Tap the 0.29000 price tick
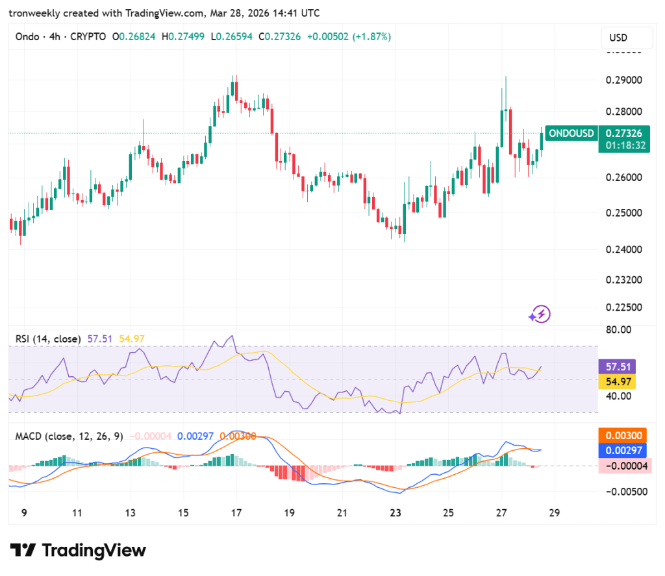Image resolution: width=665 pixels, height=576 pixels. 624,80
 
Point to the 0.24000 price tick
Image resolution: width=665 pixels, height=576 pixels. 624,249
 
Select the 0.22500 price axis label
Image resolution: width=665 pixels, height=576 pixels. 624,307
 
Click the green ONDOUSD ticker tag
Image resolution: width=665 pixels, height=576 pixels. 571,134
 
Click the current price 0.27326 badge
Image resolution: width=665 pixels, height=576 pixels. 625,134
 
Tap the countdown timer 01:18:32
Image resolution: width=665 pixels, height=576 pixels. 625,145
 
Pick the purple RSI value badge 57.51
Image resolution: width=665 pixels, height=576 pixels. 617,366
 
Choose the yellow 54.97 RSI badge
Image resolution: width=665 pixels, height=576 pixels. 617,381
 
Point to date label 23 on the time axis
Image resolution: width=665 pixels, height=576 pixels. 395,512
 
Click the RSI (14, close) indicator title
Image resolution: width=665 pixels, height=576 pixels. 49,339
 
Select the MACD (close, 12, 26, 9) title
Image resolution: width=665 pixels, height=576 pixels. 68,436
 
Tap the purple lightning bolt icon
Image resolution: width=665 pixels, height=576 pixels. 540,315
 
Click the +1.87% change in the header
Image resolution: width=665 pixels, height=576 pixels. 371,37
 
